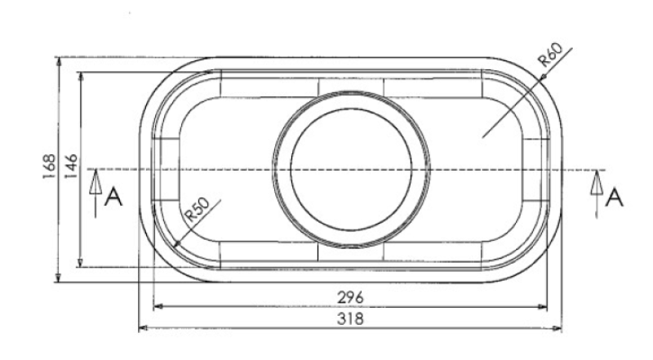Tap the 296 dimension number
pyautogui.click(x=350, y=296)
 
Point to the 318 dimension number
pyautogui.click(x=350, y=318)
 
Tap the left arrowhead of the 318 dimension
pyautogui.click(x=144, y=328)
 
